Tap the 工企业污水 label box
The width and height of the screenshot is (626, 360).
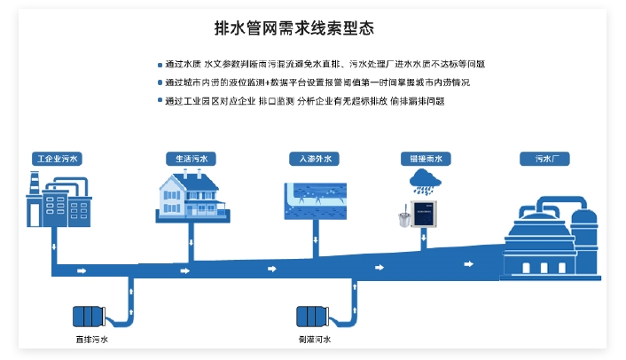tap(56, 160)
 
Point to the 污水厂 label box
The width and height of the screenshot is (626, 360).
tap(544, 160)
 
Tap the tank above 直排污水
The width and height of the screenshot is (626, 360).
tap(90, 317)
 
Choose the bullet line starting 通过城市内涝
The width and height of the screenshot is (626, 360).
tap(317, 82)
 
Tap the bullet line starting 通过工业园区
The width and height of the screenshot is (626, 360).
tap(304, 101)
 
